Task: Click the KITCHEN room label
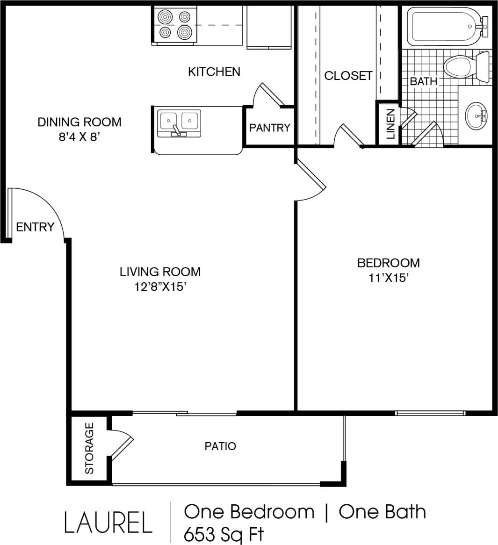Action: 214,72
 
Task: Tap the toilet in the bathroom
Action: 466,66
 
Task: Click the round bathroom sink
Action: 476,115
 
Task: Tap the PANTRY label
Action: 269,127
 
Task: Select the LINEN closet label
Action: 390,124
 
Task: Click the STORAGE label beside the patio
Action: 89,448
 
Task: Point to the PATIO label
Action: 220,446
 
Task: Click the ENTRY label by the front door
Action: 35,227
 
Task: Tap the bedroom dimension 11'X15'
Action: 388,278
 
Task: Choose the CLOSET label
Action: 348,75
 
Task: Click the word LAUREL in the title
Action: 108,523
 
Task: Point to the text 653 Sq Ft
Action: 224,534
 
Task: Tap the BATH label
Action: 423,81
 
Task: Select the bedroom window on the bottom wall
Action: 430,413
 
